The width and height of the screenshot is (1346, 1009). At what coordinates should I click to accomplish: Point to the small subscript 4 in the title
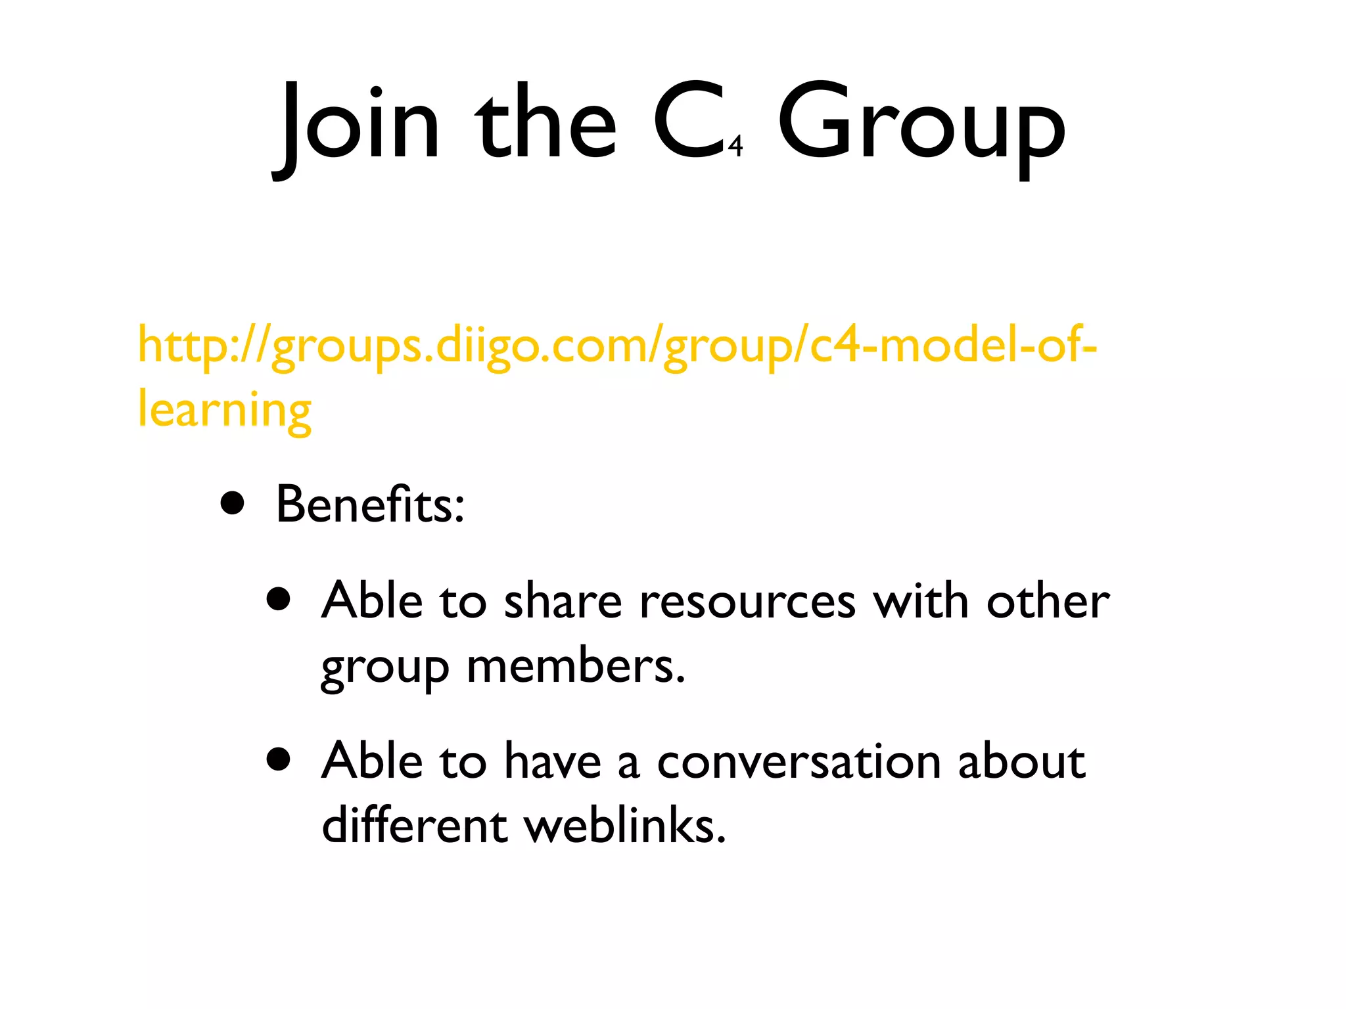tap(735, 146)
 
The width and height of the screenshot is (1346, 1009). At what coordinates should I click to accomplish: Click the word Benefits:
tap(370, 504)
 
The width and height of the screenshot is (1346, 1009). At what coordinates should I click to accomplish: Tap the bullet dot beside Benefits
tap(233, 504)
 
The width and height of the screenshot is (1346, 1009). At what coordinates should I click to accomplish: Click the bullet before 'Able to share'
tap(279, 600)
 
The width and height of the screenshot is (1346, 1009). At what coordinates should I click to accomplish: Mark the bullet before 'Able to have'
tap(279, 760)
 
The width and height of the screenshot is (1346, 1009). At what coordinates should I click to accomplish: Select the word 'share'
tap(563, 601)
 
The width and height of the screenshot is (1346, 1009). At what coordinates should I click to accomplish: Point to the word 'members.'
tap(576, 666)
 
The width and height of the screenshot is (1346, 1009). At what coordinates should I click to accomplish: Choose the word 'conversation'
tap(799, 762)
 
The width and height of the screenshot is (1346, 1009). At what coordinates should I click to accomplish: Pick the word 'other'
tap(1048, 601)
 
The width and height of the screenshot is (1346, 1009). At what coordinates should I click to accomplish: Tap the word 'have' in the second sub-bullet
tap(553, 762)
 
